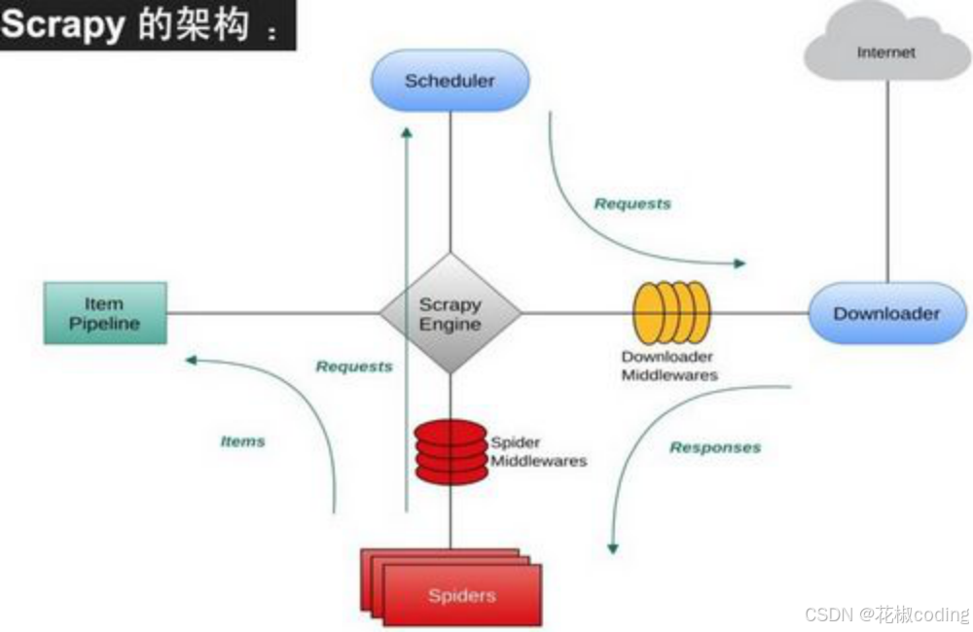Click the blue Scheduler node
pyautogui.click(x=450, y=81)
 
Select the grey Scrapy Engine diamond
pyautogui.click(x=450, y=313)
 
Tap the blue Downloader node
pyautogui.click(x=886, y=313)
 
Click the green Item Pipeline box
pyautogui.click(x=104, y=313)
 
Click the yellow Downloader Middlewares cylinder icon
pyautogui.click(x=671, y=313)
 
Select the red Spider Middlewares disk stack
pyautogui.click(x=450, y=451)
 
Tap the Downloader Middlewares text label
pyautogui.click(x=668, y=366)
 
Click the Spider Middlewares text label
pyautogui.click(x=538, y=452)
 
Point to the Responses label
pyautogui.click(x=715, y=447)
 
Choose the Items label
pyautogui.click(x=242, y=440)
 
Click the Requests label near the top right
pyautogui.click(x=632, y=203)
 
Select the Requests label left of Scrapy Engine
pyautogui.click(x=354, y=367)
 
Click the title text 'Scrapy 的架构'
pyautogui.click(x=136, y=25)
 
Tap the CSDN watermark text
pyautogui.click(x=886, y=614)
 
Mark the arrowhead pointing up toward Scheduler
pyautogui.click(x=407, y=132)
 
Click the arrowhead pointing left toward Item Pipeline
pyautogui.click(x=192, y=360)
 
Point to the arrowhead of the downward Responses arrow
pyautogui.click(x=612, y=547)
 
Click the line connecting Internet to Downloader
pyautogui.click(x=886, y=185)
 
